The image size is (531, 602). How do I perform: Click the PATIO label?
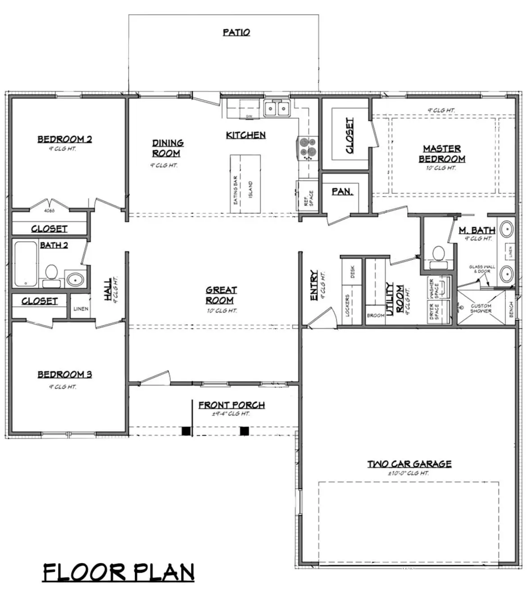pyautogui.click(x=236, y=32)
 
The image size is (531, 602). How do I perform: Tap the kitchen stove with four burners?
pyautogui.click(x=308, y=148)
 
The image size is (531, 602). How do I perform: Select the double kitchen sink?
pyautogui.click(x=277, y=109)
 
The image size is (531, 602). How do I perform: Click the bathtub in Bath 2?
pyautogui.click(x=25, y=264)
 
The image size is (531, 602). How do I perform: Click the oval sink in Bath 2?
pyautogui.click(x=75, y=279)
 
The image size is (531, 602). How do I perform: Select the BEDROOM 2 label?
pyautogui.click(x=64, y=139)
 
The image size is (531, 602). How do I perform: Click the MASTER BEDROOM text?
pyautogui.click(x=442, y=154)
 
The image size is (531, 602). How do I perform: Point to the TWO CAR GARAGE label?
pyautogui.click(x=409, y=464)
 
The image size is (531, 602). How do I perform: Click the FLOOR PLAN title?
pyautogui.click(x=118, y=572)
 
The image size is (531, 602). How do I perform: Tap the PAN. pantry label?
pyautogui.click(x=342, y=192)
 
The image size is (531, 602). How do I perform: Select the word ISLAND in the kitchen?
pyautogui.click(x=250, y=190)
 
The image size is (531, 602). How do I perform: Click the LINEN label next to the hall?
pyautogui.click(x=81, y=309)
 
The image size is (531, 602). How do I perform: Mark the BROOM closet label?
pyautogui.click(x=375, y=316)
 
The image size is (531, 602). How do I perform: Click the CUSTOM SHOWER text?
pyautogui.click(x=481, y=308)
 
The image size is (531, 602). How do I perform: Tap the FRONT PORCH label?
pyautogui.click(x=231, y=405)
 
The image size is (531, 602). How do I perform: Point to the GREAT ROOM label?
pyautogui.click(x=221, y=295)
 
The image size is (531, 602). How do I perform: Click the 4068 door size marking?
pyautogui.click(x=49, y=211)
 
